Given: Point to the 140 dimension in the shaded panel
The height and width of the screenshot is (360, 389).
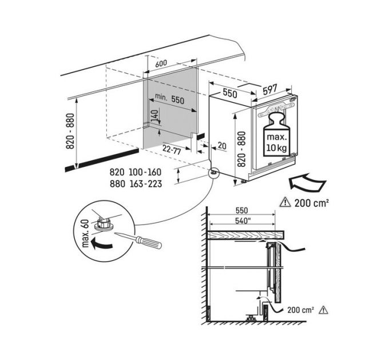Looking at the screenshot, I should [x=153, y=120].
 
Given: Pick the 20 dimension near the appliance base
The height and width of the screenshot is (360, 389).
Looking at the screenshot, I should [x=222, y=146].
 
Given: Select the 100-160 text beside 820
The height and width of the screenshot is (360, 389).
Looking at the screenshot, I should [x=144, y=171].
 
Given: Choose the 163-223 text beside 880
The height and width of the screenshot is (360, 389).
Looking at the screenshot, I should [x=144, y=184].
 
